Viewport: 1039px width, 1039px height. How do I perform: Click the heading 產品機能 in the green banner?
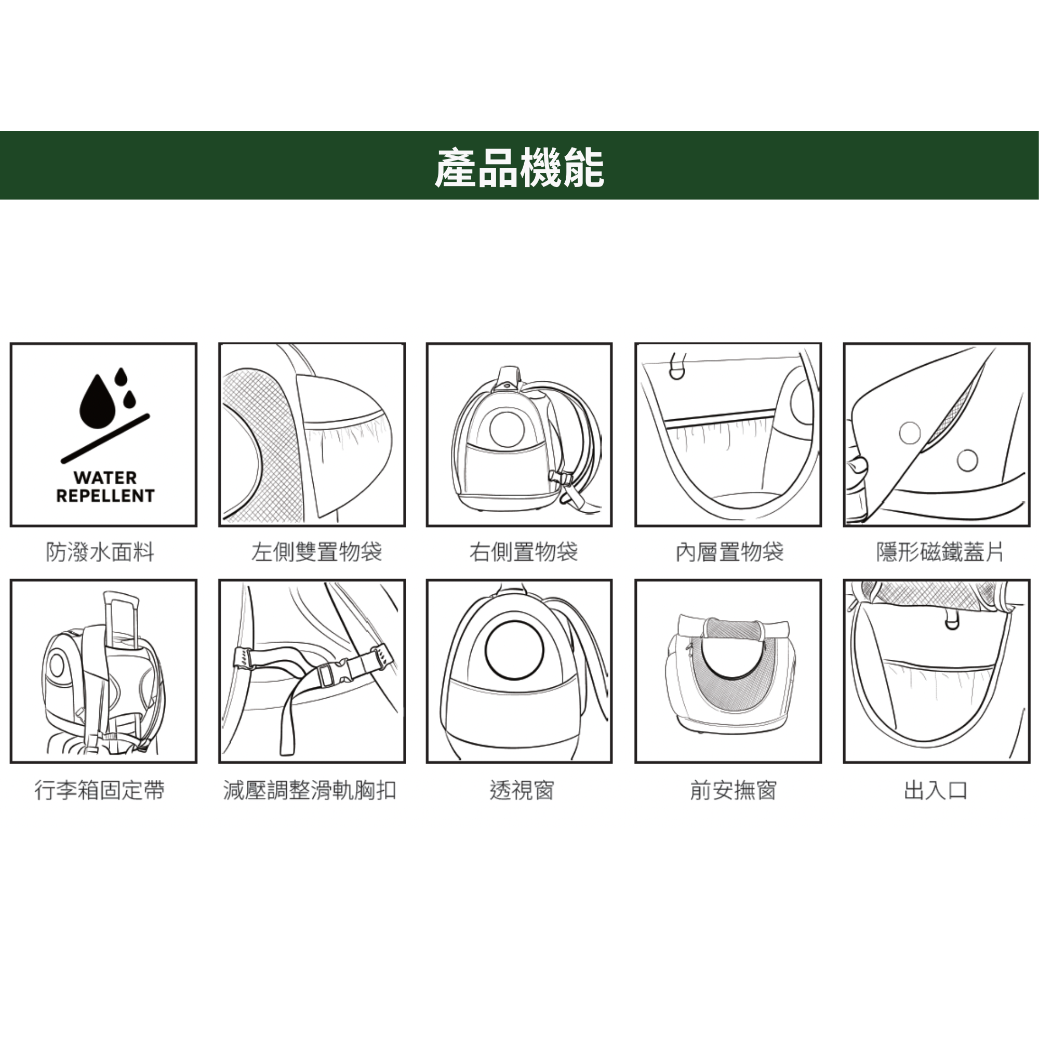[x=519, y=168]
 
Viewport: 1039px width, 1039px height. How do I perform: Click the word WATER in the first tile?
[x=105, y=477]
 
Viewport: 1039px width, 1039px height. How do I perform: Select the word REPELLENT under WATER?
[x=105, y=496]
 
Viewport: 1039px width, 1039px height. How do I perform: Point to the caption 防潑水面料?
[x=101, y=552]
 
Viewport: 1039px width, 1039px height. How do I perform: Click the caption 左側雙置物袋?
[x=317, y=552]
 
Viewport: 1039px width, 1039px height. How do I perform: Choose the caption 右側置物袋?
[x=524, y=552]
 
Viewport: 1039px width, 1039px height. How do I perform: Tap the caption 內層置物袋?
[x=730, y=552]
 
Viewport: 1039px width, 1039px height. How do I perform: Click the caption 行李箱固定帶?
[x=100, y=791]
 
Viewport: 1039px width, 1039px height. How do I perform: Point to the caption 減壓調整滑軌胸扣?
[x=310, y=791]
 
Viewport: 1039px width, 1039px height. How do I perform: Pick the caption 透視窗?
[x=522, y=791]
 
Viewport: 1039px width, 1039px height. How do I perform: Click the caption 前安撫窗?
[x=734, y=791]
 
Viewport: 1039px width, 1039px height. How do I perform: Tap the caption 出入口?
[x=936, y=791]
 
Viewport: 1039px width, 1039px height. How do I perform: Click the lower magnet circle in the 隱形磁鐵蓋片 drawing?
[x=967, y=460]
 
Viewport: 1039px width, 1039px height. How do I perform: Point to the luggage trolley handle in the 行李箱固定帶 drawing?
[x=120, y=618]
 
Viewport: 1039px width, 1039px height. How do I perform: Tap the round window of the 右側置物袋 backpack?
[x=507, y=429]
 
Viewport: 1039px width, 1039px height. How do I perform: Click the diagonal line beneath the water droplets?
[x=105, y=438]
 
